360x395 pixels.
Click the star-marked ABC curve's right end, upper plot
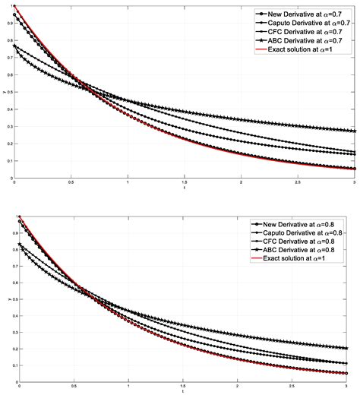pos(355,131)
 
